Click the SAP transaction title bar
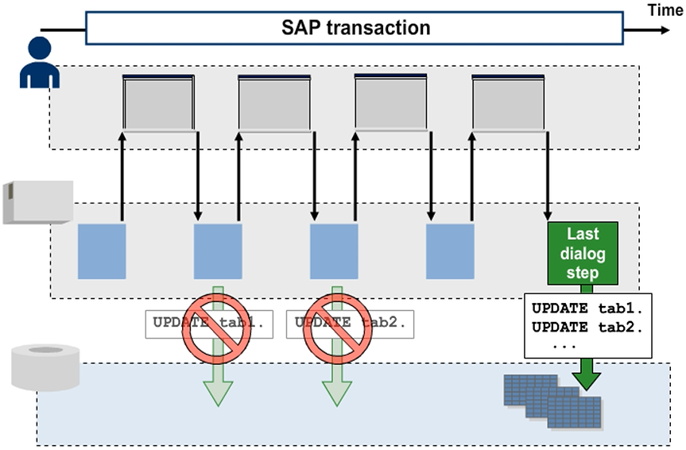pos(355,29)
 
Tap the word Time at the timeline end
pos(665,10)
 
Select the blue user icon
pos(39,64)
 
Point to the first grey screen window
pos(158,103)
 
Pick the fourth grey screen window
pos(508,103)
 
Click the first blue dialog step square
pos(102,251)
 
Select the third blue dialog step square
pos(334,251)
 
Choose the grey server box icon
pos(37,202)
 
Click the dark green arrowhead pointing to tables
pos(587,377)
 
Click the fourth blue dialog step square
pos(450,251)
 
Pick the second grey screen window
pos(274,103)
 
